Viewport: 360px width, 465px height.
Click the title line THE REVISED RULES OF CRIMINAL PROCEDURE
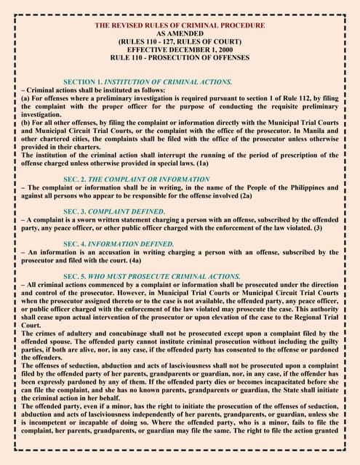pyautogui.click(x=180, y=25)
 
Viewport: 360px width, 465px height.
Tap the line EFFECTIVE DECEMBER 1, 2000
pyautogui.click(x=180, y=49)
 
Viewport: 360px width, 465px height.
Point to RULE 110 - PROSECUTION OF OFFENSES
pyautogui.click(x=180, y=57)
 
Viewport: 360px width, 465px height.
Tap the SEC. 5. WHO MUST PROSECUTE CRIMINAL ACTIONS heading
pyautogui.click(x=152, y=276)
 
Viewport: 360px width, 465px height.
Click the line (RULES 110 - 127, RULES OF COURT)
pyautogui.click(x=180, y=41)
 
